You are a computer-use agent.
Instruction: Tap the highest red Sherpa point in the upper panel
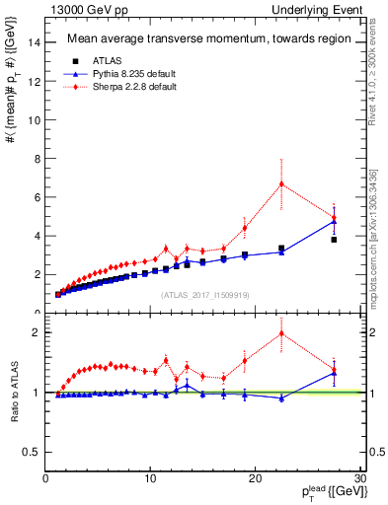(281, 183)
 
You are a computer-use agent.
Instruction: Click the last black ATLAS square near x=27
(334, 240)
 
